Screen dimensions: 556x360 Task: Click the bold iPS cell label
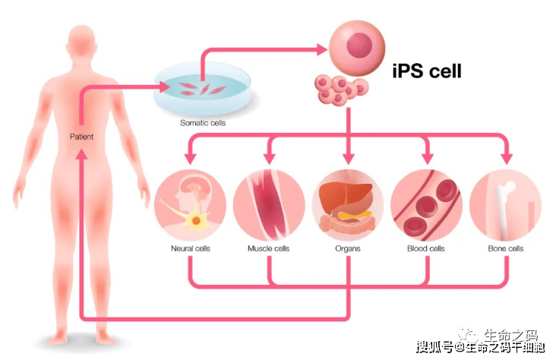pyautogui.click(x=427, y=71)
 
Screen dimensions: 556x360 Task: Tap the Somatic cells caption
pyautogui.click(x=203, y=123)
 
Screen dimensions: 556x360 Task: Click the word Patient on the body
pyautogui.click(x=81, y=137)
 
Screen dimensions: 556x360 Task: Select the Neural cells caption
pyautogui.click(x=191, y=248)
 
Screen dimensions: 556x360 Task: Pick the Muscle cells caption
pyautogui.click(x=268, y=248)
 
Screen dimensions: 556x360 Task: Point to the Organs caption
pyautogui.click(x=348, y=248)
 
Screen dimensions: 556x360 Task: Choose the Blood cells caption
pyautogui.click(x=426, y=248)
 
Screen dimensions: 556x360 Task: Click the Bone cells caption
pyautogui.click(x=506, y=248)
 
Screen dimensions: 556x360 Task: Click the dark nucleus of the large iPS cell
pyautogui.click(x=359, y=45)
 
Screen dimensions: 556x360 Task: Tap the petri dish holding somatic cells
pyautogui.click(x=202, y=89)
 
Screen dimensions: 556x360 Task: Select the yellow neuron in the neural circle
pyautogui.click(x=195, y=220)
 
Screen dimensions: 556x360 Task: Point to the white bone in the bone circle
pyautogui.click(x=504, y=210)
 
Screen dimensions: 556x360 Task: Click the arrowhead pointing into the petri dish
pyautogui.click(x=164, y=87)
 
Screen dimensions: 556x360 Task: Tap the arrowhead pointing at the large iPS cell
pyautogui.click(x=322, y=49)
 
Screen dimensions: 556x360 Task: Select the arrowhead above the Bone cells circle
pyautogui.click(x=507, y=159)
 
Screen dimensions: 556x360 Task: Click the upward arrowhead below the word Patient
pyautogui.click(x=82, y=154)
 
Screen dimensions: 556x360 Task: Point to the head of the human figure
pyautogui.click(x=82, y=40)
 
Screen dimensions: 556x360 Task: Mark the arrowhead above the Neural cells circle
pyautogui.click(x=191, y=159)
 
